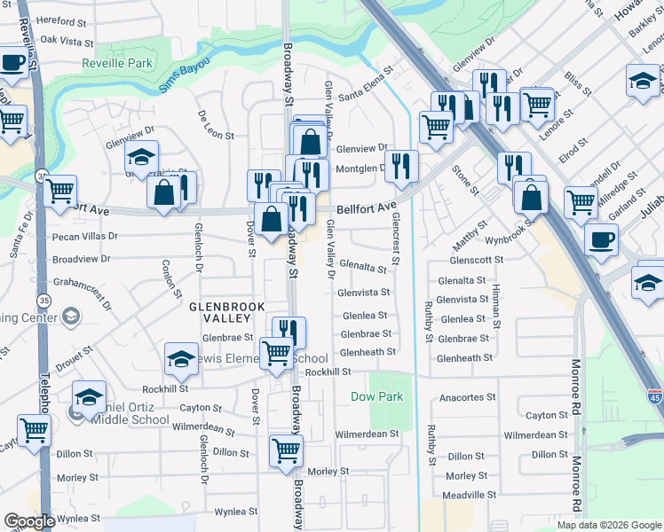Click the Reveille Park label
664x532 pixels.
click(118, 63)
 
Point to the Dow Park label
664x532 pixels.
click(377, 396)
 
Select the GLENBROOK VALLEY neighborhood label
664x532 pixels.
click(223, 313)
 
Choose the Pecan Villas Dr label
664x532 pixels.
click(85, 237)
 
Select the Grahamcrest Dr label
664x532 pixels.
click(81, 292)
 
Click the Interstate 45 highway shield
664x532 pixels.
click(654, 396)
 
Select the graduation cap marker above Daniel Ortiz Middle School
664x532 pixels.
click(89, 396)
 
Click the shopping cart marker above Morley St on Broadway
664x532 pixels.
click(286, 450)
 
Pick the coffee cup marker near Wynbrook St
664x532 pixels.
click(601, 239)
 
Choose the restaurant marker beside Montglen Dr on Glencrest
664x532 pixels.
click(401, 165)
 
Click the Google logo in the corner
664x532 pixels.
click(29, 521)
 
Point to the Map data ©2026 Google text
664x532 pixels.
click(608, 525)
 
